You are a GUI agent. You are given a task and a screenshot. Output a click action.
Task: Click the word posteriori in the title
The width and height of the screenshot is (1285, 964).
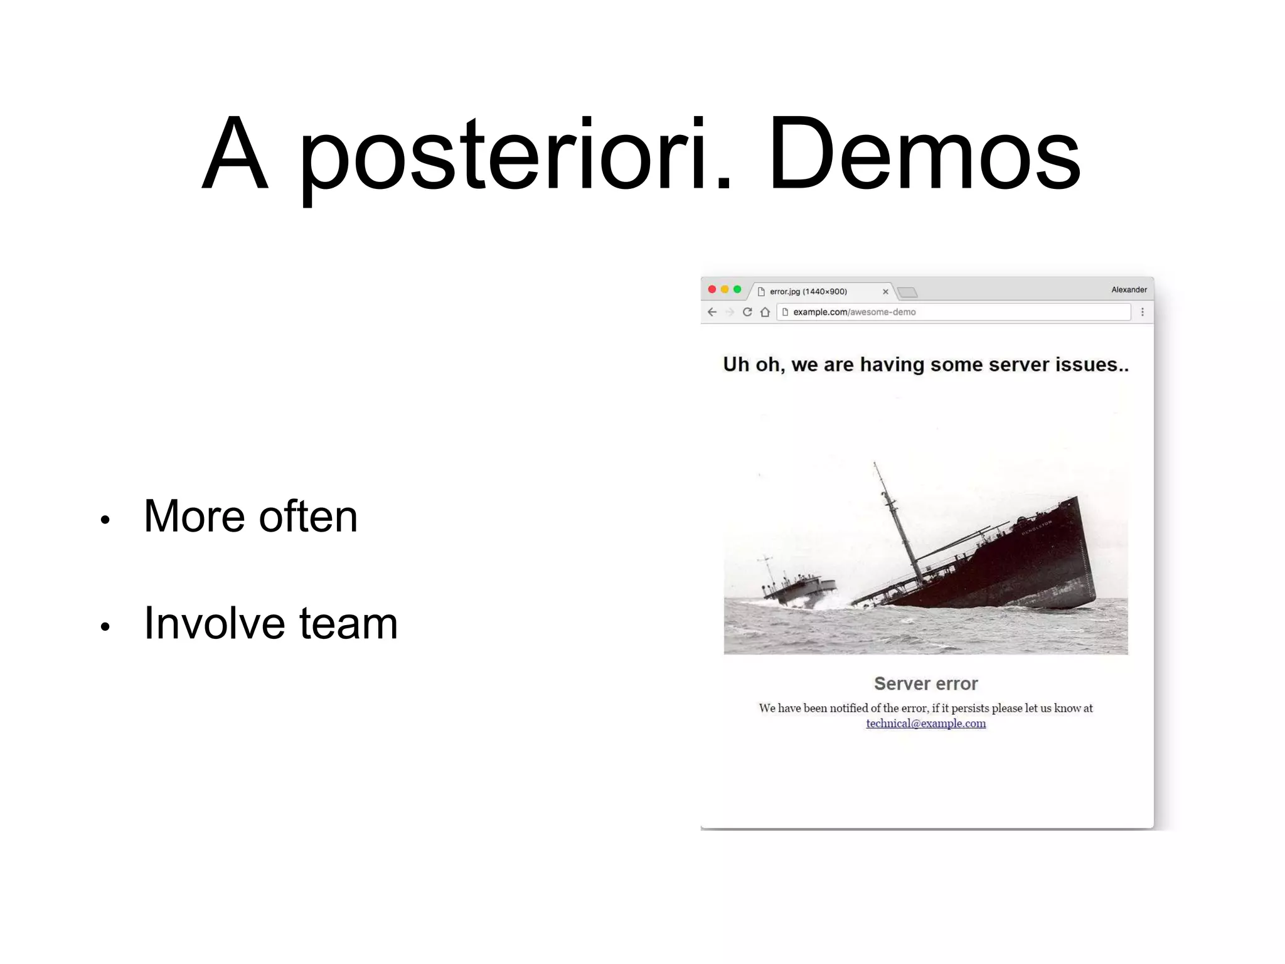coord(515,154)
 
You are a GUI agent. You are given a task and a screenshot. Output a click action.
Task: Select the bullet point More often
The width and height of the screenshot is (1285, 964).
coord(250,517)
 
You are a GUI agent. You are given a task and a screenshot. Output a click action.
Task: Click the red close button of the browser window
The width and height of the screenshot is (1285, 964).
coord(712,289)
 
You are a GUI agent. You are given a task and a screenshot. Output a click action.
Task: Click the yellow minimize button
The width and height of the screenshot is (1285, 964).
coord(725,289)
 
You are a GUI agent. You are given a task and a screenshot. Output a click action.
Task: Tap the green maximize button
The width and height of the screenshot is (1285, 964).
coord(737,289)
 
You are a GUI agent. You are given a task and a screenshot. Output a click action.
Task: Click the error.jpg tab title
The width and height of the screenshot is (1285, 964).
coord(808,291)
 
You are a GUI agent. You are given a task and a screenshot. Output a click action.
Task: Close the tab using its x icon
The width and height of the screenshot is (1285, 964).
coord(885,292)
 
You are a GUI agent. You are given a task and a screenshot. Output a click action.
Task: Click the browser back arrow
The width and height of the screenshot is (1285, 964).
coord(712,312)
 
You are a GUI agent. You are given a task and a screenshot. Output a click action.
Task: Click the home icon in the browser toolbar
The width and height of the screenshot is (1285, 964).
coord(765,312)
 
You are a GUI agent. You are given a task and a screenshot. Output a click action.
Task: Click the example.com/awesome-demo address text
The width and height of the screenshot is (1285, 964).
coord(854,312)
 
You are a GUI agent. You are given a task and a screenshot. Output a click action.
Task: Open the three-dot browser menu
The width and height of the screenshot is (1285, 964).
coord(1143,312)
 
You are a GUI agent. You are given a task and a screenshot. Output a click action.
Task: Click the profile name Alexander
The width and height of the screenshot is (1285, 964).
coord(1129,289)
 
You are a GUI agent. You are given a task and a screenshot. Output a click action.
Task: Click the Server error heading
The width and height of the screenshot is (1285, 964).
coord(925,683)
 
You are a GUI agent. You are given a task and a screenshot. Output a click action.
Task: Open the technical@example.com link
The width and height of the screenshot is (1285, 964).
coord(925,724)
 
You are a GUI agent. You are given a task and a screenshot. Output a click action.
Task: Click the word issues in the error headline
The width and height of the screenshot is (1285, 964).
coord(1090,365)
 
